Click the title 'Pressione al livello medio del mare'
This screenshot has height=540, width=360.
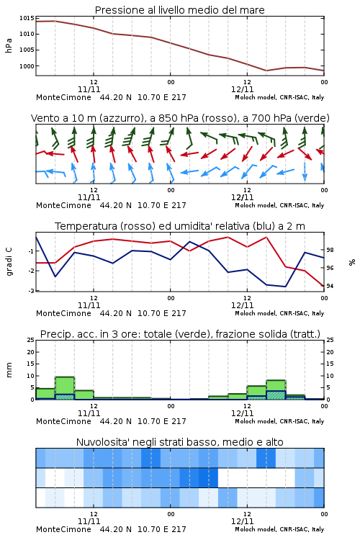click(x=179, y=10)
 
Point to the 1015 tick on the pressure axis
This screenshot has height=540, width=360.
click(x=27, y=18)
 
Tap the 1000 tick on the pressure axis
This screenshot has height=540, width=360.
click(x=27, y=66)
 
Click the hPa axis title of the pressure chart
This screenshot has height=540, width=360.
click(x=9, y=45)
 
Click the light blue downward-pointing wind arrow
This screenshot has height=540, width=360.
click(x=305, y=171)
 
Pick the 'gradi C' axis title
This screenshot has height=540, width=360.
click(x=9, y=261)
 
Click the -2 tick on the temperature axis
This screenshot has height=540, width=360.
click(x=31, y=271)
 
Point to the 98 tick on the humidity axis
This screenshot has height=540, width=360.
click(x=330, y=250)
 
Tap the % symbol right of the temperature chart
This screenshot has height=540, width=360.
click(x=352, y=262)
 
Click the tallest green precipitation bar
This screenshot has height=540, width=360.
click(x=65, y=388)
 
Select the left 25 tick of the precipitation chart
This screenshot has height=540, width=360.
click(x=31, y=340)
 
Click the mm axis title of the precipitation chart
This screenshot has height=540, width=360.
click(x=9, y=370)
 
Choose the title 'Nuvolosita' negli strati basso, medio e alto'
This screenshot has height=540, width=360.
click(x=179, y=442)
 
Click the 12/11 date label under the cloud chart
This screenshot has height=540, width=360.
click(x=242, y=521)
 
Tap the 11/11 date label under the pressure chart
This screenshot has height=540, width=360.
click(x=89, y=89)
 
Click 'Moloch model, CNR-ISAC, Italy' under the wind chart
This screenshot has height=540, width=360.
click(x=279, y=205)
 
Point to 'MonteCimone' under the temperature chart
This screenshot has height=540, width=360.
click(x=63, y=313)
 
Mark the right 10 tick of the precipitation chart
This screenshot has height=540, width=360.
click(x=330, y=376)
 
